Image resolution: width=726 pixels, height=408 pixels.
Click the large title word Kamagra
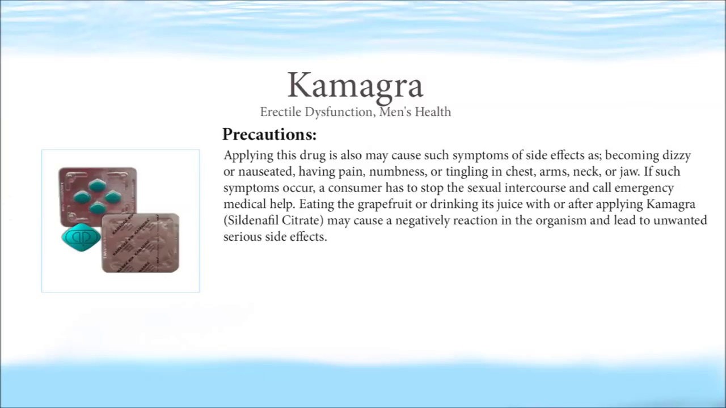tap(355, 86)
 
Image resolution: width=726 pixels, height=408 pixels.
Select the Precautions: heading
tap(269, 134)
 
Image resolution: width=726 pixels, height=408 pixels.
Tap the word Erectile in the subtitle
tap(281, 112)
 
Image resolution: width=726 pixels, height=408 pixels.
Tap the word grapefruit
tap(385, 205)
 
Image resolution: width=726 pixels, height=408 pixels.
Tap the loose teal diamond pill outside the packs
tap(81, 237)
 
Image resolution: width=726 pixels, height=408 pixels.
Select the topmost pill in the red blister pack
tap(97, 185)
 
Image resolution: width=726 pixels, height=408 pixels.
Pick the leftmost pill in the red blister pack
tap(82, 197)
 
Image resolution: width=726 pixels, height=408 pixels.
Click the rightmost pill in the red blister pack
tap(113, 197)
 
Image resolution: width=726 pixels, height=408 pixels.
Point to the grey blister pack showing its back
tap(140, 243)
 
